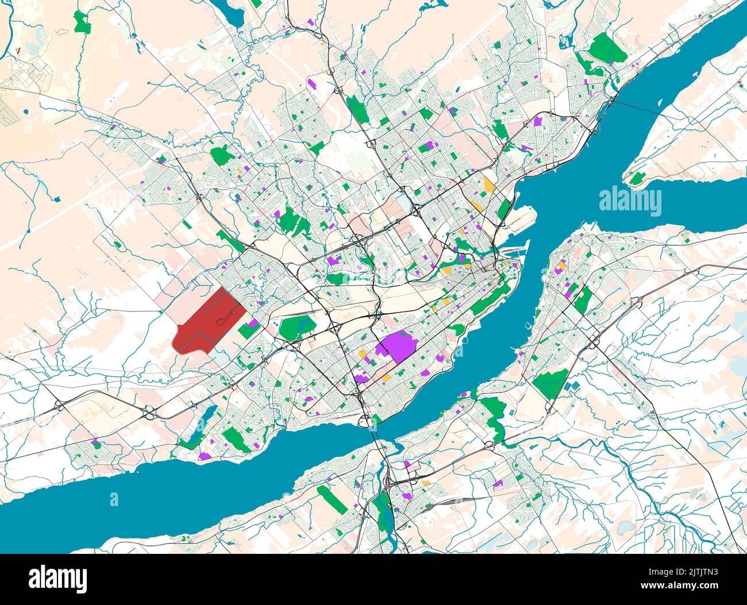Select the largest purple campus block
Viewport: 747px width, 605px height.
[x=397, y=346]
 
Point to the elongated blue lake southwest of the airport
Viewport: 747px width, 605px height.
[x=209, y=415]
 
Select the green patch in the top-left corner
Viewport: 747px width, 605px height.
[x=82, y=22]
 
